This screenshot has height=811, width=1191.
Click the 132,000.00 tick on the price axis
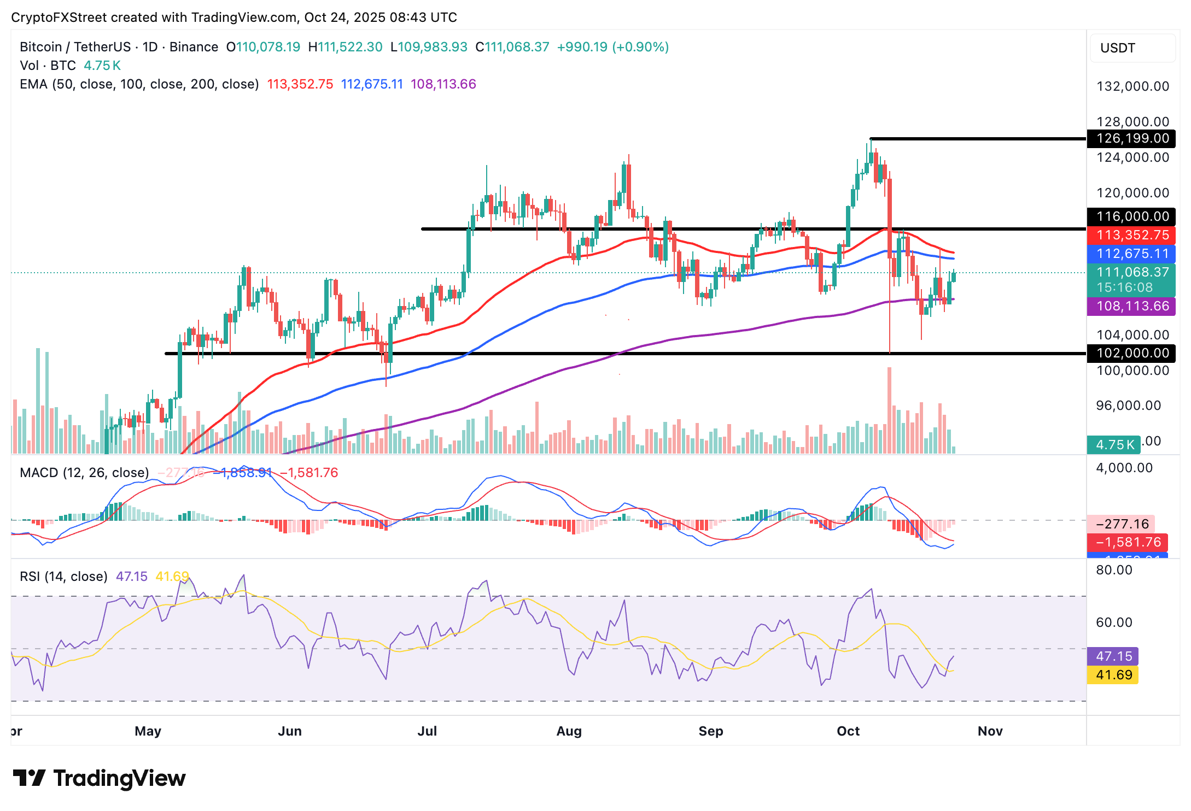(1132, 86)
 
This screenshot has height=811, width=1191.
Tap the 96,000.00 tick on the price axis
(1128, 405)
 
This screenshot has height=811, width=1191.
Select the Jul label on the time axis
(427, 731)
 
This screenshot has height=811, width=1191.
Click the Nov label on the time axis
(990, 731)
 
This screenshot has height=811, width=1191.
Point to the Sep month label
(710, 731)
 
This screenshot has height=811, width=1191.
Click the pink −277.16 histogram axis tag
(1122, 524)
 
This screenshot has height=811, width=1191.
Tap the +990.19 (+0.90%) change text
(612, 47)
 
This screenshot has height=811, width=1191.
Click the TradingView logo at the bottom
(99, 778)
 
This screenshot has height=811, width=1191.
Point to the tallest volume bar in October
(890, 410)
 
